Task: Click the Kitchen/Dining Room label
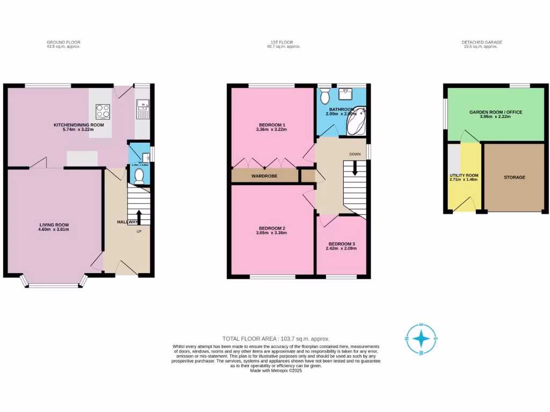pos(78,125)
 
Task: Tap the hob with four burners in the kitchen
pos(103,111)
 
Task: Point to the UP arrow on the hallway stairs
pos(139,217)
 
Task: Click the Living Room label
pos(54,225)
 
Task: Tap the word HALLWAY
pos(128,222)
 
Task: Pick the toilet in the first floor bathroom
pos(324,96)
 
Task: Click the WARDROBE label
pos(264,176)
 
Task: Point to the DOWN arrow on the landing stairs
pos(354,168)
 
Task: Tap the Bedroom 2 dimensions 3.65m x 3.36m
pos(271,233)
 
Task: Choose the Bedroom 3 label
pos(342,244)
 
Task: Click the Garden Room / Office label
pos(496,112)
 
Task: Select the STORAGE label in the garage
pos(514,177)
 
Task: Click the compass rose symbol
pos(422,339)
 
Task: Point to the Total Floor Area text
pos(276,339)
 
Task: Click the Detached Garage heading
pos(481,42)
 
